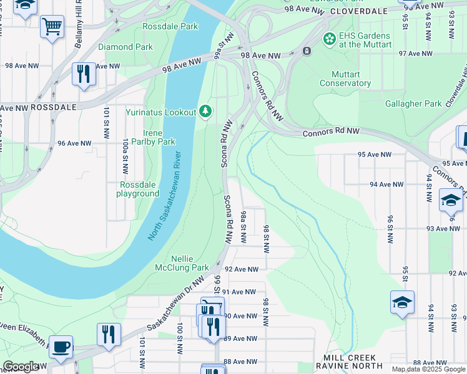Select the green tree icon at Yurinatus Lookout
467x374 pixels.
(205, 112)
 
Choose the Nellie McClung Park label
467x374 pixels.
(182, 263)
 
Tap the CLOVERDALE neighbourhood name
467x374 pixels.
(355, 11)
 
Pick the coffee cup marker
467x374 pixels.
(61, 347)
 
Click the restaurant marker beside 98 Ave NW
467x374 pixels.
(83, 74)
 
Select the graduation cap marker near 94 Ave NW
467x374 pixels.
(450, 201)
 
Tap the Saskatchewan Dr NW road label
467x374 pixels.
(175, 304)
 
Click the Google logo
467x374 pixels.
(21, 367)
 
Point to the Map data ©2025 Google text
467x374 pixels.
(428, 369)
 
